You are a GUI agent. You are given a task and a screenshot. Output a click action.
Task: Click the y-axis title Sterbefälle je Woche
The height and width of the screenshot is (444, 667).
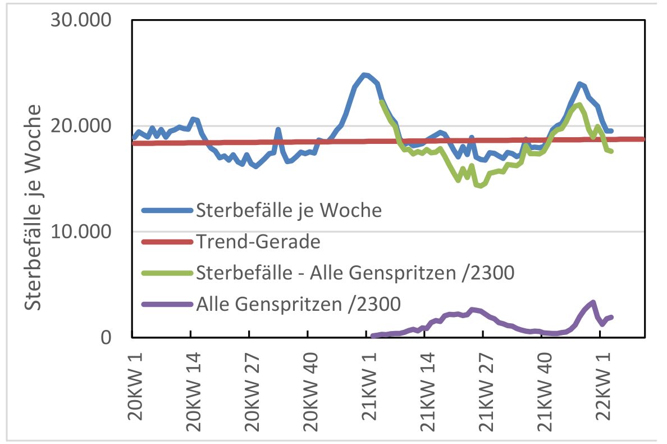(x=34, y=207)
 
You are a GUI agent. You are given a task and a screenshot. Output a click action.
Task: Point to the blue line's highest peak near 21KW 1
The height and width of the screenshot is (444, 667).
(x=364, y=75)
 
